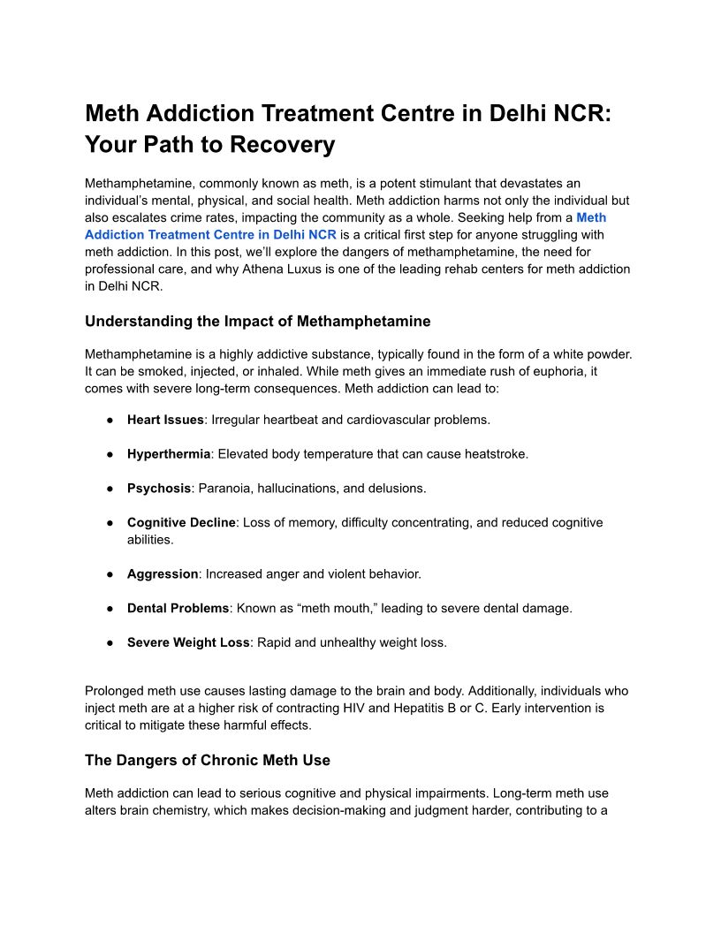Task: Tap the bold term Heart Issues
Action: [x=165, y=420]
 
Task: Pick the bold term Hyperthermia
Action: [x=169, y=454]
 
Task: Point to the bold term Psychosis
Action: [x=159, y=488]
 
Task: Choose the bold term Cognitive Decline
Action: [x=181, y=522]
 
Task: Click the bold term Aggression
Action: [x=163, y=574]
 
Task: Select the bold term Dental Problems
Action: [x=178, y=608]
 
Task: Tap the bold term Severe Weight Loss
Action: [x=188, y=642]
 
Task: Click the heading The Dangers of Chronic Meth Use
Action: [x=208, y=760]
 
